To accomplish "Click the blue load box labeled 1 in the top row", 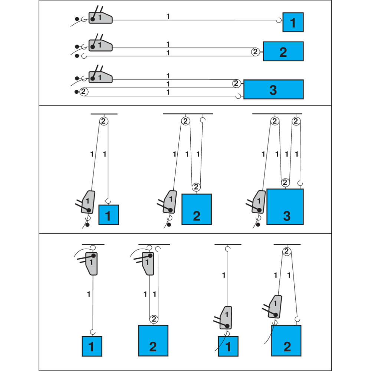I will coord(293,22).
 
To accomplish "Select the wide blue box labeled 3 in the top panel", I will coord(273,89).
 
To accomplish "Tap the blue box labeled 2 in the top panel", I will coord(283,52).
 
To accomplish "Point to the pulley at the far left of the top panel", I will coord(83,91).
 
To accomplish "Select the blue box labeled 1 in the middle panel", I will coord(108,215).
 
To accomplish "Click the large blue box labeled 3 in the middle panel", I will coord(285,207).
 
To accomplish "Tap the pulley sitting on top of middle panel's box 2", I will coord(196,187).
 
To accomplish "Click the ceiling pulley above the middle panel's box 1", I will coord(104,121).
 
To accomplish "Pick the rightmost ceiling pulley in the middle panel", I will coord(296,121).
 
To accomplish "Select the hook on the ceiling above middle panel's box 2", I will coord(203,120).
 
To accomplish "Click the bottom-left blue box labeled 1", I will coord(92,346).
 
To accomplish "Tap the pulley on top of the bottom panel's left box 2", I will coord(154,319).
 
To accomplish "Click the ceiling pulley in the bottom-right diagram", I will coord(287,252).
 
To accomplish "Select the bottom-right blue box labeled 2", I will coord(286,341).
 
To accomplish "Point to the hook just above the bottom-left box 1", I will coord(93,331).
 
